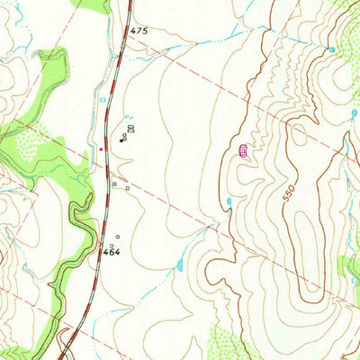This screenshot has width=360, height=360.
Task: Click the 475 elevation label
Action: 138,31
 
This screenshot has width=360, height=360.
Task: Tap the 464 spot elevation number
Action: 111,253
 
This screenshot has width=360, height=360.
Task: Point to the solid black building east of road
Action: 123,138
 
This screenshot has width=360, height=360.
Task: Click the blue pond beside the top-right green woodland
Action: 332,49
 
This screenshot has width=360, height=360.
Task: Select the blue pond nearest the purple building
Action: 229,201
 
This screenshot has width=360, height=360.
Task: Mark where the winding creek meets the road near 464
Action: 96,242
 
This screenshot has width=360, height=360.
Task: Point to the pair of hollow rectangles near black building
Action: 130,130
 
